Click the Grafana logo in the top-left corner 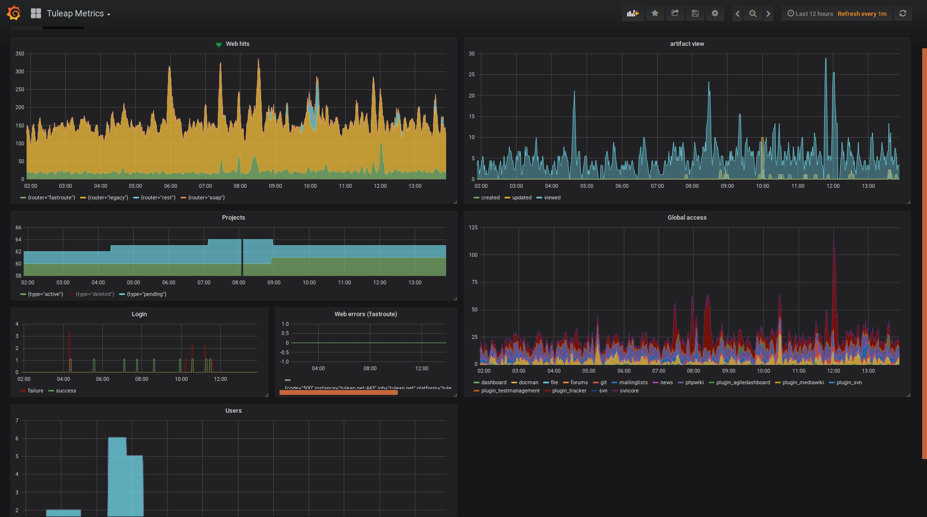14,14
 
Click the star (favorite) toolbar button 655,14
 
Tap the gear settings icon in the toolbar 715,14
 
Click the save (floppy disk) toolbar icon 695,14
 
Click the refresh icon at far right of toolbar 902,14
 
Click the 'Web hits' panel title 238,44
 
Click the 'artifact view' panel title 687,44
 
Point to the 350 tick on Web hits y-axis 20,54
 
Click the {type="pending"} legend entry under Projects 146,294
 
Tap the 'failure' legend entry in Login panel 35,391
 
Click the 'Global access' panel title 687,218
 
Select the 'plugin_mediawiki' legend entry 803,382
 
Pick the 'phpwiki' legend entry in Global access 694,382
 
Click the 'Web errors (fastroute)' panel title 365,314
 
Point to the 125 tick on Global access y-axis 473,227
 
